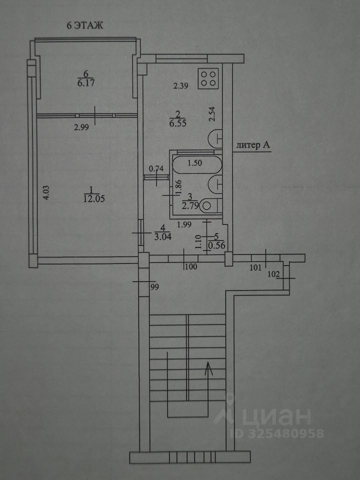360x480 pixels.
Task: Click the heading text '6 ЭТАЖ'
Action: point(85,26)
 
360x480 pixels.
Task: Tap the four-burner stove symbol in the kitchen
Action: point(208,78)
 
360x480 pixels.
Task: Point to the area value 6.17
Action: point(86,83)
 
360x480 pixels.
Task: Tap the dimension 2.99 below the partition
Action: point(82,127)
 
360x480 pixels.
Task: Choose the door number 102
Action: point(274,274)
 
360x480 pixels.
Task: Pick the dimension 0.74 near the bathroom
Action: point(157,168)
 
